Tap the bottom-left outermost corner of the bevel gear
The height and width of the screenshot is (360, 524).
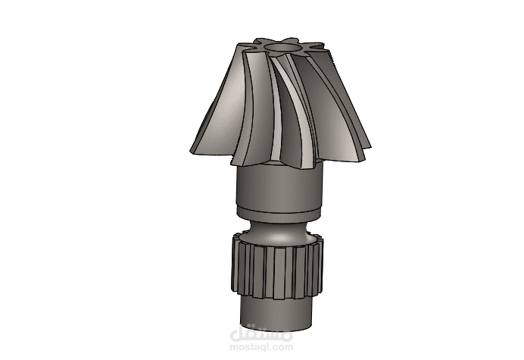click(189, 152)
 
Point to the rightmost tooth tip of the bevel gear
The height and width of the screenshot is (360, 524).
click(370, 146)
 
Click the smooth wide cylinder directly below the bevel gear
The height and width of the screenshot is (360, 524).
click(280, 186)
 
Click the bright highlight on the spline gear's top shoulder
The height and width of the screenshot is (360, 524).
click(279, 239)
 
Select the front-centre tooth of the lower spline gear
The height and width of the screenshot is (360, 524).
click(279, 274)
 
